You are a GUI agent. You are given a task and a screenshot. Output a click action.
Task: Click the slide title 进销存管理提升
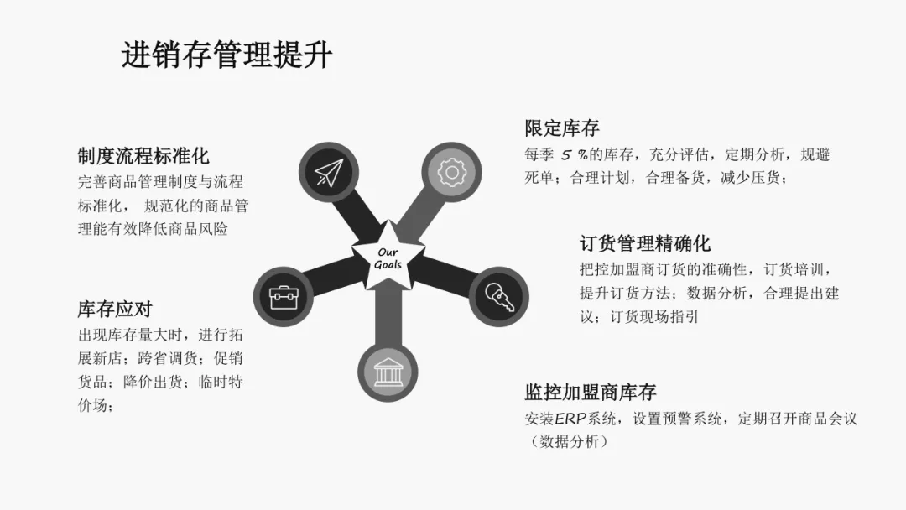226,55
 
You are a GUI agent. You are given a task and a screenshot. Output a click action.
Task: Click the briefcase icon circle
284,296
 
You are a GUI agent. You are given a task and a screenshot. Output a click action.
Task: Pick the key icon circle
497,296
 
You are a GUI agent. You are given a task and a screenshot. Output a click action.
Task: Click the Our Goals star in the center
388,258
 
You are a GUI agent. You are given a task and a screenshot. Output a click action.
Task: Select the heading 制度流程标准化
143,156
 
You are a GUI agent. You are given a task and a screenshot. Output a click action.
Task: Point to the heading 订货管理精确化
645,243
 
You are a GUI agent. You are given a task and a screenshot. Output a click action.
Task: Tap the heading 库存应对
115,309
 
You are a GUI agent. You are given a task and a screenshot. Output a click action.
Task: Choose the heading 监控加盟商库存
591,392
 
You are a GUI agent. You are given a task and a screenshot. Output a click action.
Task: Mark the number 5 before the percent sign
567,154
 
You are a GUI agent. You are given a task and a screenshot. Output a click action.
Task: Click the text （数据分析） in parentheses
566,441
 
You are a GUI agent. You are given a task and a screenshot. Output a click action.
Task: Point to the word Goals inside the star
388,265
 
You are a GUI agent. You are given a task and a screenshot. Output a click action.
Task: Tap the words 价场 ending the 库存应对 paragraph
92,405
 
